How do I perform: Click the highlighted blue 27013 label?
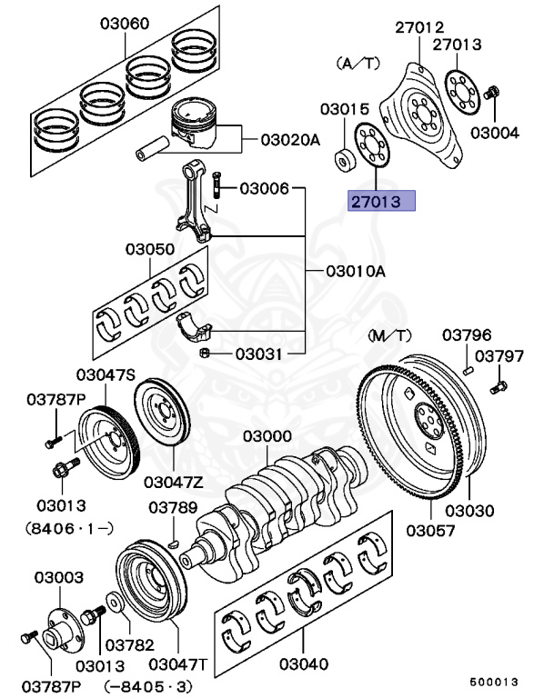click(380, 201)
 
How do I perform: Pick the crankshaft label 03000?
click(266, 437)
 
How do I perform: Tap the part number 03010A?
click(357, 271)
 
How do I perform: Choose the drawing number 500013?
click(494, 681)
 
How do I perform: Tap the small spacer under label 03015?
click(344, 161)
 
